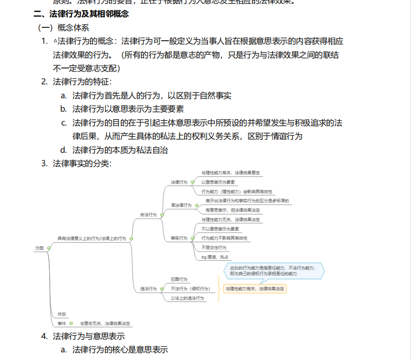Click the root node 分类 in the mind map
(x=39, y=248)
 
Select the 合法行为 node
(x=148, y=214)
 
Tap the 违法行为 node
(x=148, y=289)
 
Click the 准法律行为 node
(x=181, y=205)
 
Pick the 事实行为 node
(x=178, y=238)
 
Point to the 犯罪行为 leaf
(x=179, y=279)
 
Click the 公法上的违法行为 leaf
(x=187, y=298)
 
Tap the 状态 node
(x=62, y=314)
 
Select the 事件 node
(x=62, y=323)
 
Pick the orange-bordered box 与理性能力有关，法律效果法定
(x=255, y=289)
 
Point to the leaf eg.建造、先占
(x=215, y=257)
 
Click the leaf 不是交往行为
(x=213, y=247)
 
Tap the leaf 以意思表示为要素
(x=218, y=182)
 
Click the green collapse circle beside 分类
(x=48, y=248)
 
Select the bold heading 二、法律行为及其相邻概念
(x=81, y=14)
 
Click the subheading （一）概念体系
(x=63, y=28)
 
